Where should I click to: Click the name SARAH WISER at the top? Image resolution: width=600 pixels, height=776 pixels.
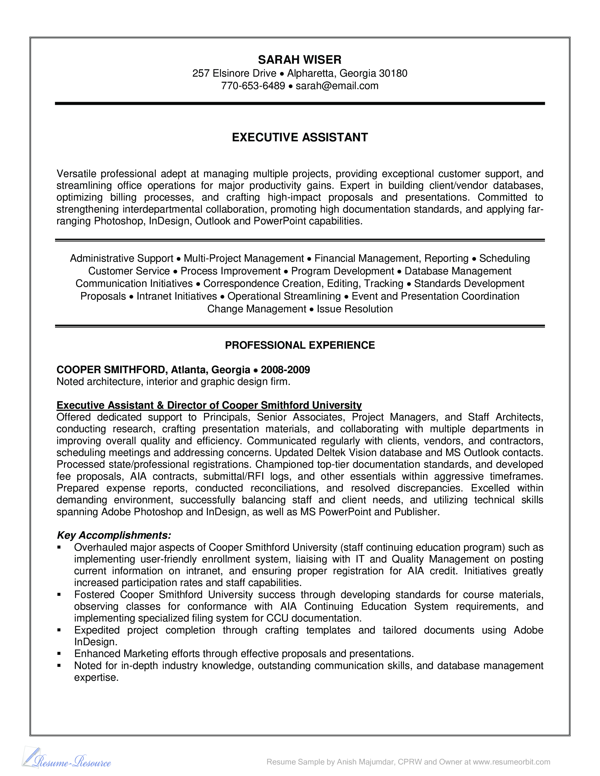click(300, 60)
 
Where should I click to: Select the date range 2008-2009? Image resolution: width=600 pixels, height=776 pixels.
click(285, 370)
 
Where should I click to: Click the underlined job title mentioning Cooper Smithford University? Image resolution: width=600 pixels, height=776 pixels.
click(209, 405)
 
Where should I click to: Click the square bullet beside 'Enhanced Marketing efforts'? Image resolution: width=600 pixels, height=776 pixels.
click(59, 654)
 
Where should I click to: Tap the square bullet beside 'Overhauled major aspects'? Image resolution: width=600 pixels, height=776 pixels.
click(59, 547)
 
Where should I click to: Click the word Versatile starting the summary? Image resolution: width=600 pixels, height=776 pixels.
click(76, 174)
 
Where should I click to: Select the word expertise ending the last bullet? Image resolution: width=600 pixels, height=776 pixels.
click(96, 677)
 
